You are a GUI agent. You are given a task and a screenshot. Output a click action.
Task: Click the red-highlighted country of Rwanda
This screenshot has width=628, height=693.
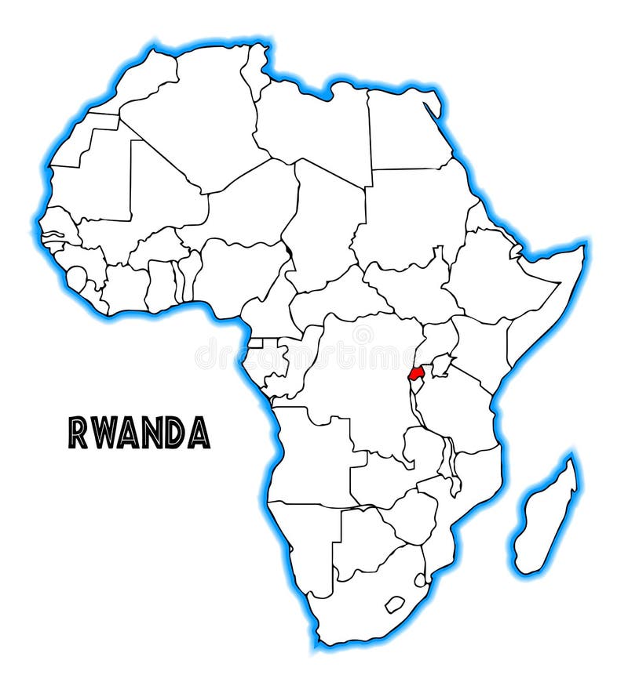pyautogui.click(x=415, y=372)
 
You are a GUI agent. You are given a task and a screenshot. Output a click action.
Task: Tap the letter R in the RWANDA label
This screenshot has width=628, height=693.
pyautogui.click(x=78, y=432)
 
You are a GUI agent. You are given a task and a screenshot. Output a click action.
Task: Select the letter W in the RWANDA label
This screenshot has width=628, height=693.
pyautogui.click(x=104, y=432)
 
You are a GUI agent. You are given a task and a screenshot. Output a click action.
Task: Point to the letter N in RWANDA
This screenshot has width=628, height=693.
pyautogui.click(x=152, y=432)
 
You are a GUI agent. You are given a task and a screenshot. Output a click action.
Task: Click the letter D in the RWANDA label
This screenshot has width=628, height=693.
pyautogui.click(x=175, y=432)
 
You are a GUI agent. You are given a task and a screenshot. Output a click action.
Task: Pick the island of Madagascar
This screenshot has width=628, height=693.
pyautogui.click(x=546, y=517)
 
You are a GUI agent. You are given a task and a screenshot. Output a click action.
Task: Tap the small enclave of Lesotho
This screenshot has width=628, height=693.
pyautogui.click(x=394, y=604)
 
